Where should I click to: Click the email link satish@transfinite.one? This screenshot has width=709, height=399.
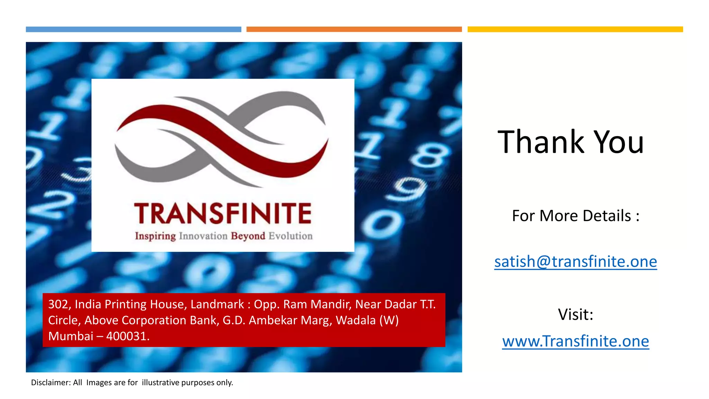575,261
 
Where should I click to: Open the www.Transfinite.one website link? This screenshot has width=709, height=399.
575,341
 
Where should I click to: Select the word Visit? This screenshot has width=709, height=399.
575,314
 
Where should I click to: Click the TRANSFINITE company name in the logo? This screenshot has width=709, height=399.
223,213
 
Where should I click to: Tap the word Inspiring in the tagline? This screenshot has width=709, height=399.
155,236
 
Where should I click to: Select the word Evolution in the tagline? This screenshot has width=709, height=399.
290,236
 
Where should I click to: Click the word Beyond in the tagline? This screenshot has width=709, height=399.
248,236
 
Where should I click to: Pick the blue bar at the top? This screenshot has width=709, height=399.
133,29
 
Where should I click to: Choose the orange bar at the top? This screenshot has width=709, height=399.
354,29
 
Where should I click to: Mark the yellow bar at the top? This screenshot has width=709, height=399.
575,29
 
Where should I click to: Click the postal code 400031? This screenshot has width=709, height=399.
128,336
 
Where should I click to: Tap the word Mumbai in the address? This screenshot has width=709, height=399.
71,336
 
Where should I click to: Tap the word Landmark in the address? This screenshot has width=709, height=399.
217,304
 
